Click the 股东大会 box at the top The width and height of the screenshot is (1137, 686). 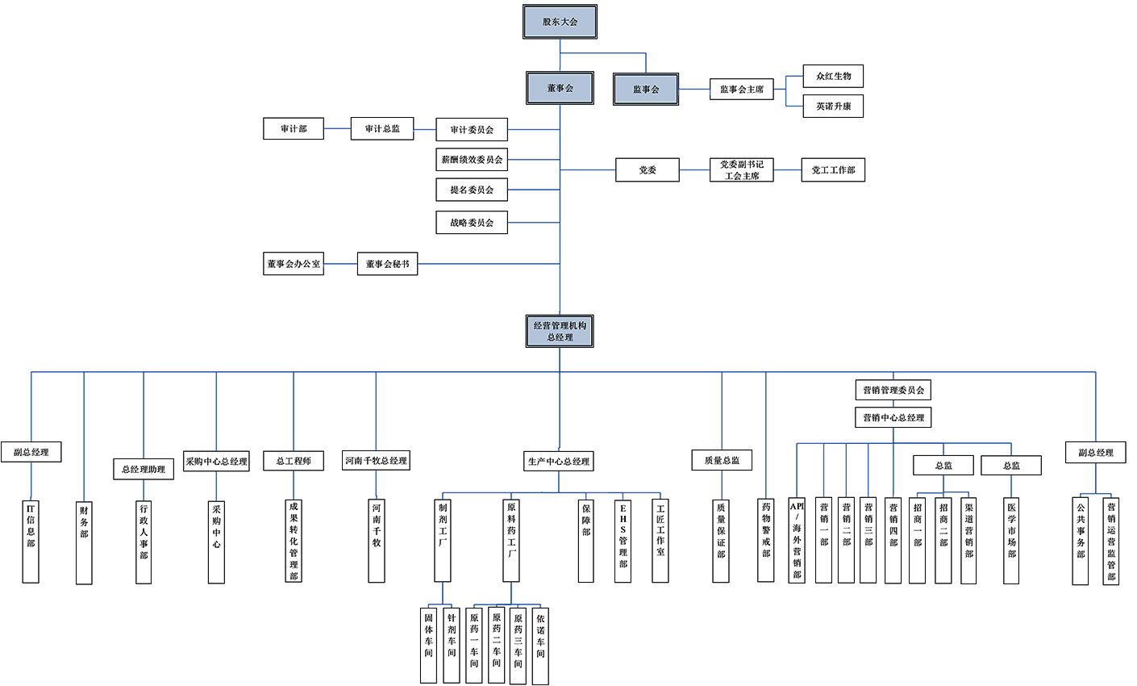[560, 22]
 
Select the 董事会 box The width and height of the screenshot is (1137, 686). [560, 88]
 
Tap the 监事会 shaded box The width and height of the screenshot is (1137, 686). [645, 90]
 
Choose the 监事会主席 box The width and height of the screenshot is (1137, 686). [741, 90]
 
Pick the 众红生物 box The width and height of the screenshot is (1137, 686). [833, 77]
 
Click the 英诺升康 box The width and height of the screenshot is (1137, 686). [833, 107]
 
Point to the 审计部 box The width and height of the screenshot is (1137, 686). [294, 128]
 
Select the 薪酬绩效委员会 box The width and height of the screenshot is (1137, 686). [472, 160]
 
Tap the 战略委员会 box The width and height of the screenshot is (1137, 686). [472, 223]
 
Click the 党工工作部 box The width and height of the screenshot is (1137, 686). [833, 170]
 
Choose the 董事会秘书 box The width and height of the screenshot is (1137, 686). [387, 264]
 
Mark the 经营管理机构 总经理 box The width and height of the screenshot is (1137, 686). [560, 331]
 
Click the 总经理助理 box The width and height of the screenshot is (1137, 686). [144, 469]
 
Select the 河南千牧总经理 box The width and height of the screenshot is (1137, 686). [376, 461]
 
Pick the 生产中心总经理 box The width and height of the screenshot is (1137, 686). [559, 462]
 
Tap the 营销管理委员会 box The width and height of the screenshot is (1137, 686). [893, 391]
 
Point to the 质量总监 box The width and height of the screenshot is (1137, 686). [722, 460]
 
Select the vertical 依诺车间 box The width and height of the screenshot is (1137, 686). [540, 646]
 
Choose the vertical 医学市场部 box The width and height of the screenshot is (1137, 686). [1011, 541]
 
